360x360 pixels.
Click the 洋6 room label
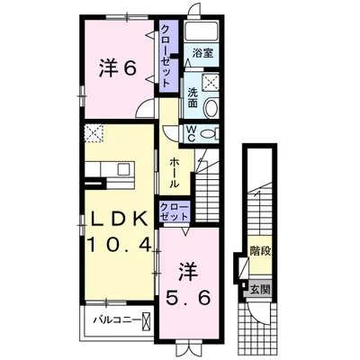pos(118,68)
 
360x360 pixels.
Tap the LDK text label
pos(120,219)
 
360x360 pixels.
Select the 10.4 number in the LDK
pos(119,245)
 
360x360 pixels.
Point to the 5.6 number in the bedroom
pos(188,298)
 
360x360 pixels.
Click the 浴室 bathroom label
pos(202,53)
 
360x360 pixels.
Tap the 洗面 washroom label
pos(193,97)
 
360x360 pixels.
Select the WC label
pos(192,133)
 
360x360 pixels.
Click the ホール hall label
pos(175,173)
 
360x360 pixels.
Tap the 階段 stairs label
pos(260,251)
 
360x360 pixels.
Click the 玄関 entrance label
pos(260,290)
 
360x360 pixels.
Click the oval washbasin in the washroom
pos(211,107)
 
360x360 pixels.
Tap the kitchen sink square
pos(123,169)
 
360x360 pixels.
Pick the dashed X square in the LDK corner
pos(94,133)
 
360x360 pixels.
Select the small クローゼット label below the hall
pos(175,211)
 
